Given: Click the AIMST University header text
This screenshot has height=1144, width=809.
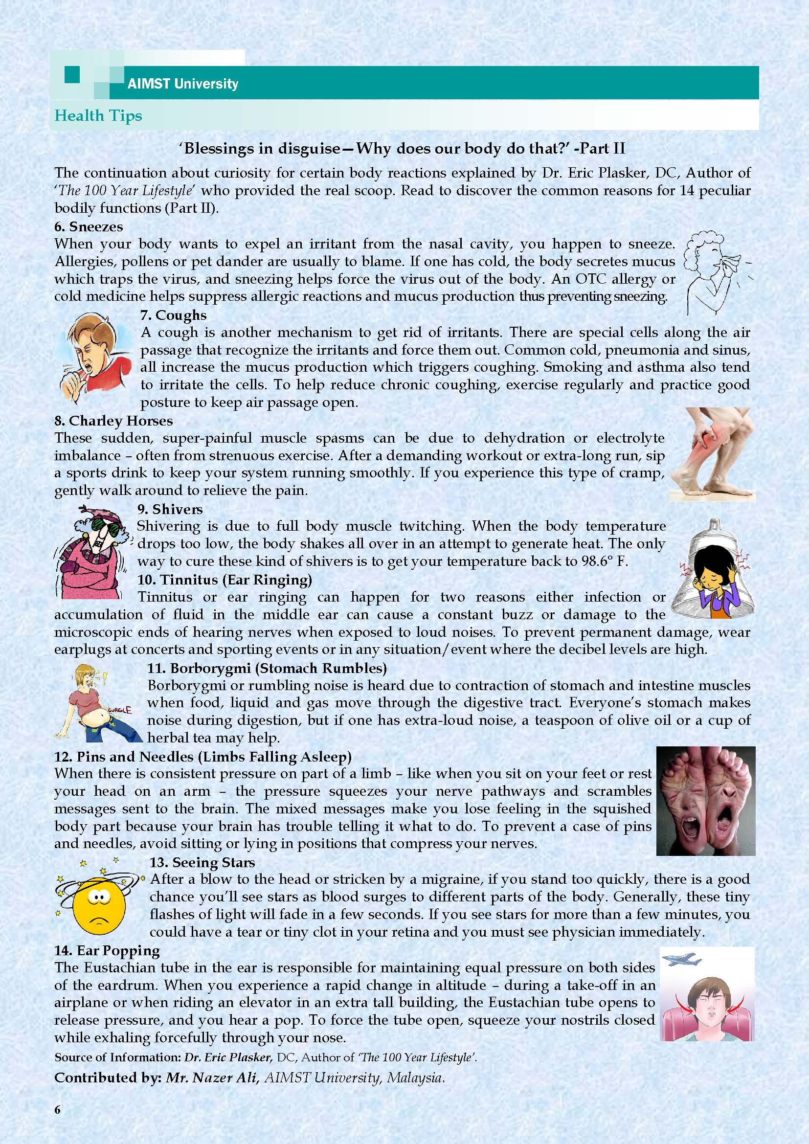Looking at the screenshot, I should pyautogui.click(x=182, y=84).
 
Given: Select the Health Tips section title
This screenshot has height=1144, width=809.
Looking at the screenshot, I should pyautogui.click(x=98, y=115).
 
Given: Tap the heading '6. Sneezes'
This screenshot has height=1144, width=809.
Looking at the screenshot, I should pyautogui.click(x=89, y=227).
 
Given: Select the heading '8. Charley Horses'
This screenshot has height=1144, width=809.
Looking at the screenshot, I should pyautogui.click(x=113, y=421).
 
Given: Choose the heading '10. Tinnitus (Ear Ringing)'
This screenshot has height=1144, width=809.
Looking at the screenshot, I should pyautogui.click(x=225, y=580).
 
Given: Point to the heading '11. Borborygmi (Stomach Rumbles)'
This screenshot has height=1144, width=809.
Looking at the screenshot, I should pyautogui.click(x=267, y=668).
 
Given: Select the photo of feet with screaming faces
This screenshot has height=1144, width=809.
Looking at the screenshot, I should pyautogui.click(x=705, y=801).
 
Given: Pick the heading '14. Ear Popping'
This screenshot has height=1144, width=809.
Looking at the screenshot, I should pyautogui.click(x=107, y=951).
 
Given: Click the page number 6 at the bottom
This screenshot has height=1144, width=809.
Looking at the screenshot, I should pyautogui.click(x=58, y=1120).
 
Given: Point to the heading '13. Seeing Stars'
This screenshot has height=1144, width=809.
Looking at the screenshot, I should pyautogui.click(x=202, y=862).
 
